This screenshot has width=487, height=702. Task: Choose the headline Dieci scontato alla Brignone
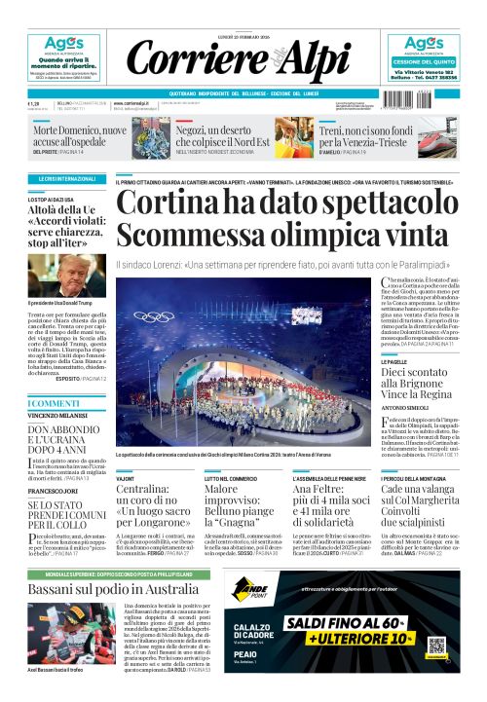pos(420,378)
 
